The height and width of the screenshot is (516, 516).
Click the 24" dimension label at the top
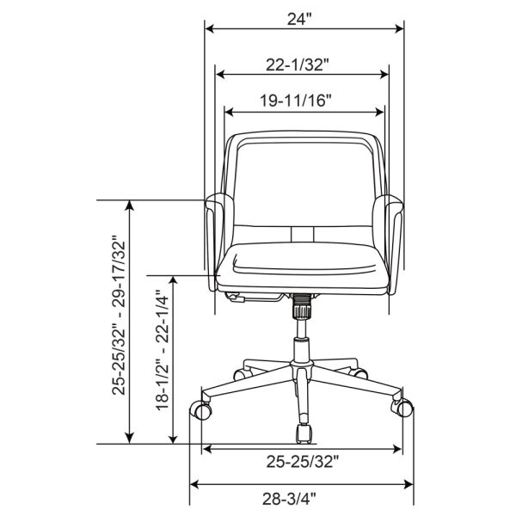[298, 19]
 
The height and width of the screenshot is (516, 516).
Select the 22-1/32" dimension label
[298, 64]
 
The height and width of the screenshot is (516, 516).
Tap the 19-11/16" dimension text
[295, 101]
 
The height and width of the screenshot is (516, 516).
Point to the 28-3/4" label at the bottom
[289, 499]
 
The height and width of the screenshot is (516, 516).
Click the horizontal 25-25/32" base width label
[302, 462]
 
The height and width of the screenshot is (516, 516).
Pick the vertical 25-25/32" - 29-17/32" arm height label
[119, 315]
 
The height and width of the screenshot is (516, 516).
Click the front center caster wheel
[304, 433]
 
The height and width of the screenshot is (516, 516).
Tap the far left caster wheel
[201, 410]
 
